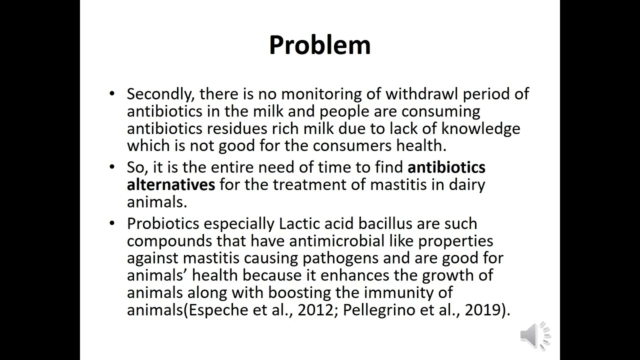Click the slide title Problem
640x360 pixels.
319,45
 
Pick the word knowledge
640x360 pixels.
480,128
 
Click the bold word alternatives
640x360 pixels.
170,184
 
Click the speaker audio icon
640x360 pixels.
534,334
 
